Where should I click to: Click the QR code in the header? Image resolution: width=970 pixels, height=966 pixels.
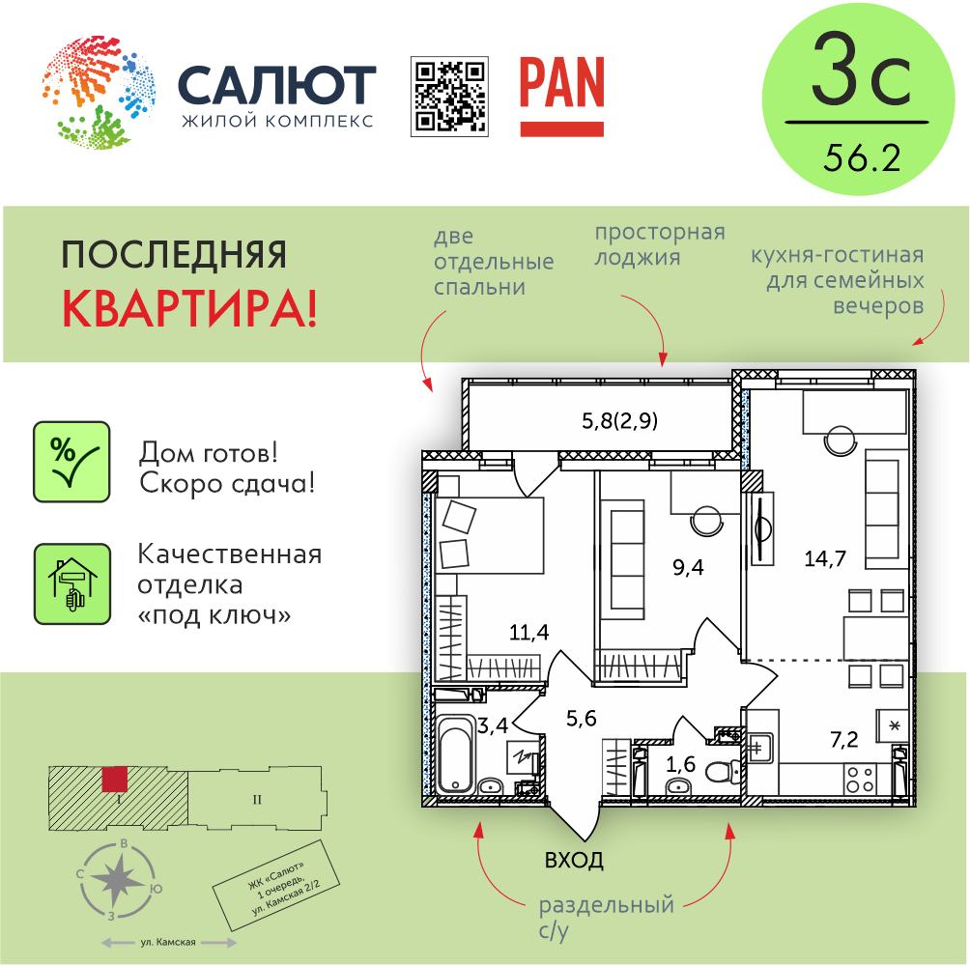point(450,97)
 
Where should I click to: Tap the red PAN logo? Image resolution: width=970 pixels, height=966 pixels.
point(561,96)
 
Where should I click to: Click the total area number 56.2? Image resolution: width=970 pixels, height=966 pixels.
point(862,157)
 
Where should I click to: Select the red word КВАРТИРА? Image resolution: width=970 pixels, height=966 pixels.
point(190,308)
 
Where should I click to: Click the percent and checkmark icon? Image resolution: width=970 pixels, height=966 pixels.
point(71,462)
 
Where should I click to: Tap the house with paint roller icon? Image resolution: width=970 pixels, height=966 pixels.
point(72,583)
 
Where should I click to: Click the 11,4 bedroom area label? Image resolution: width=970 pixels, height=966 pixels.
point(528,632)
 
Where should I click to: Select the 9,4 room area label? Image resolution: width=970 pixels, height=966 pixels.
point(688,567)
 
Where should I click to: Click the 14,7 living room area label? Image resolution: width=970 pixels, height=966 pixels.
point(825,559)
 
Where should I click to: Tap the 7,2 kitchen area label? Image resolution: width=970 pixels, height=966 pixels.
point(843,739)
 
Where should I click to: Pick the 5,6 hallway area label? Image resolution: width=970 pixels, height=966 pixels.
point(582,718)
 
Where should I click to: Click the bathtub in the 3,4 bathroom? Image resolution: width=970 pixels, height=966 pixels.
point(457,753)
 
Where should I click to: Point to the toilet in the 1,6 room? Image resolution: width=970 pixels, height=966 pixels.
point(722,772)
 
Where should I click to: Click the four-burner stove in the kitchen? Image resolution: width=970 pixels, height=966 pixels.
point(861,779)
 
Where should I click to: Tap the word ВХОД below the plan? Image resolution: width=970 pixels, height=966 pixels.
point(574,861)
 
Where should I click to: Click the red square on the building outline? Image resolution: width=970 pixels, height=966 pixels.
point(114,780)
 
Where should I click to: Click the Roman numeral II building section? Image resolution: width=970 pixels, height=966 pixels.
point(257,800)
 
